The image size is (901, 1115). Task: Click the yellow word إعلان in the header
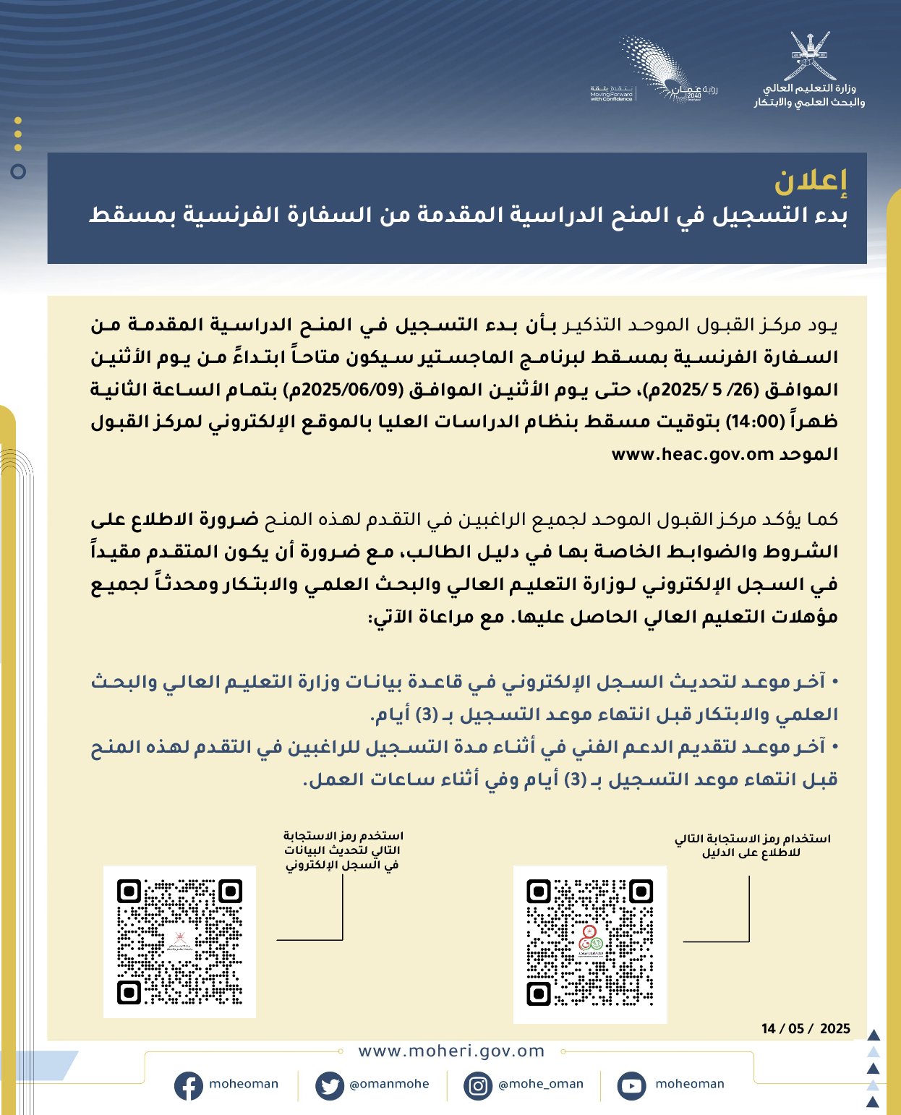coord(810,181)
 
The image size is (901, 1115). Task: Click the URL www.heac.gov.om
coord(692,454)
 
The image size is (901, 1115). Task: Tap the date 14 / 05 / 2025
coord(806,1028)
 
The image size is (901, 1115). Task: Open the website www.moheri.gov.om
coord(451,1051)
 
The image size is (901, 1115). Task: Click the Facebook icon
coord(188,1085)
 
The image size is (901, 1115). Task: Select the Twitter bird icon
coord(330,1085)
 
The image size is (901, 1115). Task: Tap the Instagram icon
coord(478,1085)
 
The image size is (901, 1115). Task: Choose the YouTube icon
coord(631,1085)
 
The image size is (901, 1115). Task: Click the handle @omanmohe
coord(389,1084)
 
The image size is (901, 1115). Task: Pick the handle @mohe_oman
coord(541,1084)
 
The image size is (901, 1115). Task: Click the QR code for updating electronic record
coord(179,941)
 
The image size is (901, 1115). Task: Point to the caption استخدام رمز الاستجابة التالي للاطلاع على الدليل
coord(752,845)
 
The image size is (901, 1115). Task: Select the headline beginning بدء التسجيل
coord(468,215)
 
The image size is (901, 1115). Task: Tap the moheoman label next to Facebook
coord(244,1084)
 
